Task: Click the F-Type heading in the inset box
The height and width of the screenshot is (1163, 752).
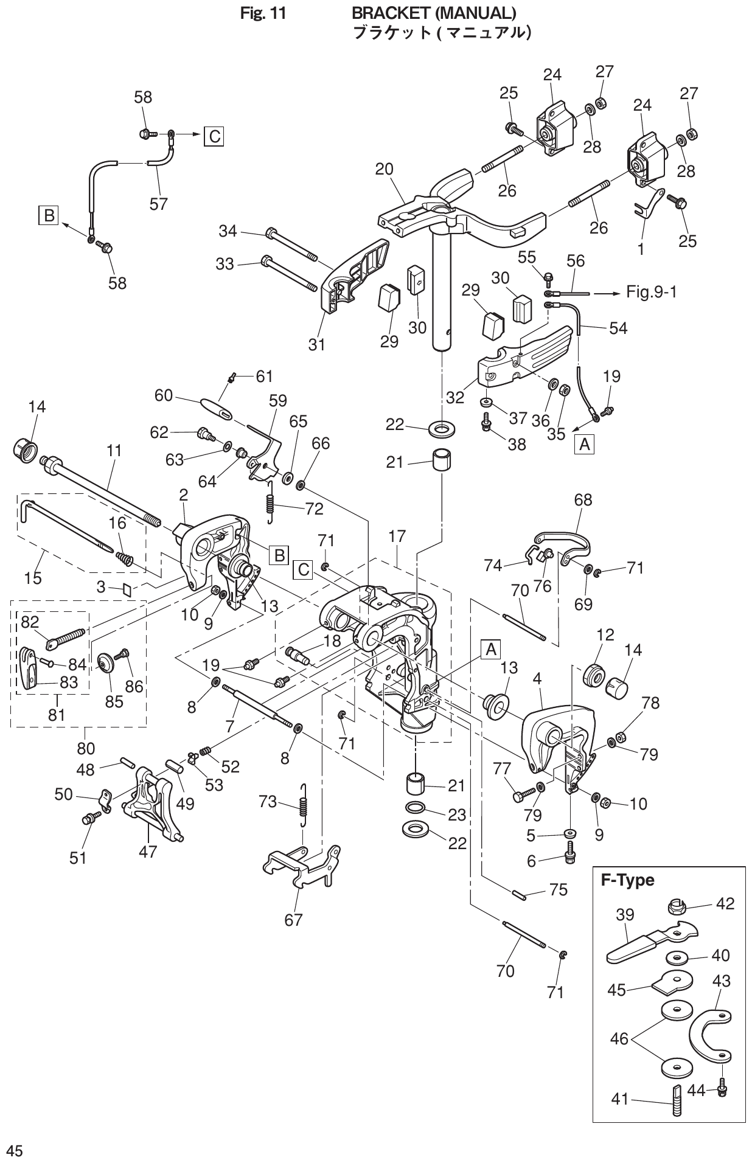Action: pyautogui.click(x=627, y=880)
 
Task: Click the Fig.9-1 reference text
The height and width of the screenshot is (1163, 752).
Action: pyautogui.click(x=651, y=293)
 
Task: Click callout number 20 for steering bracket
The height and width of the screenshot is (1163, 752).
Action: pyautogui.click(x=385, y=169)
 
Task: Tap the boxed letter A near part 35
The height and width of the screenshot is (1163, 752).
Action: pyautogui.click(x=584, y=445)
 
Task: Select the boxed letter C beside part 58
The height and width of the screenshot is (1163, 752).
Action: pyautogui.click(x=214, y=136)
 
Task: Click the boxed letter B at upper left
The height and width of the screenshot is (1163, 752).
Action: pyautogui.click(x=48, y=215)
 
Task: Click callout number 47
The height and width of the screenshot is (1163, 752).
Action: pyautogui.click(x=148, y=852)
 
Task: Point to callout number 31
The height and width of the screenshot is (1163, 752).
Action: pyautogui.click(x=316, y=344)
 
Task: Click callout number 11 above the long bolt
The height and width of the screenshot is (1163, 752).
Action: pyautogui.click(x=114, y=451)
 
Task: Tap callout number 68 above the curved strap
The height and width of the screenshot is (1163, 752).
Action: pyautogui.click(x=583, y=500)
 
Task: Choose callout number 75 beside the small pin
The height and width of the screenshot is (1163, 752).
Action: pyautogui.click(x=558, y=890)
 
